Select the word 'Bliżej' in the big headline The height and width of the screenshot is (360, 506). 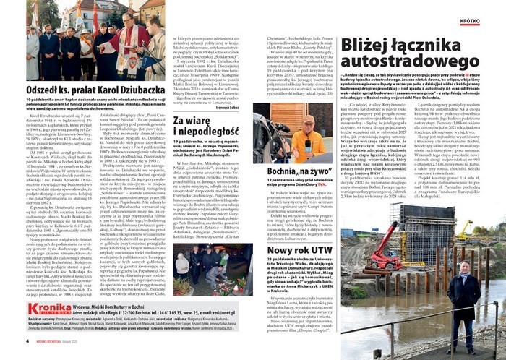point(374,46)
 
